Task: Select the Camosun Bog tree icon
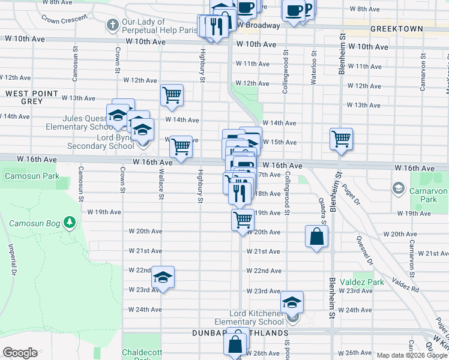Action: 71,223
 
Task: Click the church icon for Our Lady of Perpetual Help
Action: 112,25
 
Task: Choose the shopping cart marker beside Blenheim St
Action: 341,139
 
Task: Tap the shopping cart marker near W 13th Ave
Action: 172,95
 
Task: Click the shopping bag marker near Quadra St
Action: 316,236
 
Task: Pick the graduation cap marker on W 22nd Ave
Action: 162,277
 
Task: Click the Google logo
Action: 20,353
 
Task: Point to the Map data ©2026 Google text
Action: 411,355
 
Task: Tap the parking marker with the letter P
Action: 307,8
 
